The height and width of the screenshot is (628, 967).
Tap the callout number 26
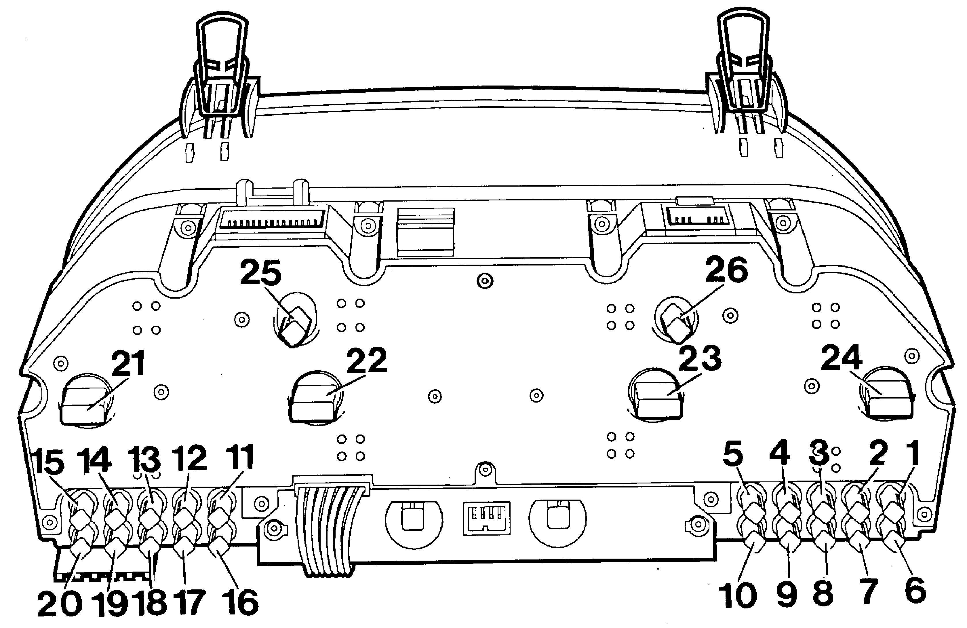point(726,270)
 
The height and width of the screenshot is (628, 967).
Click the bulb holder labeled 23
point(656,395)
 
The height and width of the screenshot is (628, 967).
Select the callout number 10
point(738,596)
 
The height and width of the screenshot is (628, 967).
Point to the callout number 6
point(915,590)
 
